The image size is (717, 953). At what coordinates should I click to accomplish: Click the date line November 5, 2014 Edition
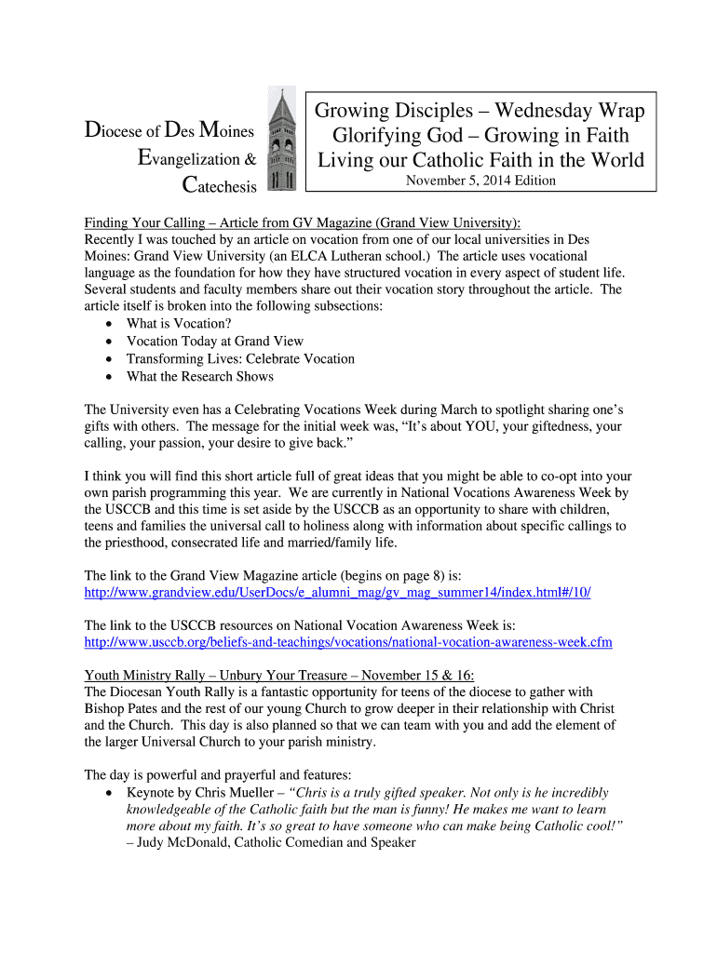coord(480,181)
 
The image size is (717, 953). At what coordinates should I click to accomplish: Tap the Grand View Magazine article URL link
coord(337,593)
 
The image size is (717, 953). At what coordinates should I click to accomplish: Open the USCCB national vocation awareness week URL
coord(348,642)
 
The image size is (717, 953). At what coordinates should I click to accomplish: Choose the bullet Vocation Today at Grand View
coord(215,341)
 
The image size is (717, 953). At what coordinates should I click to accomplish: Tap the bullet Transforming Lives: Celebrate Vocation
coord(240,358)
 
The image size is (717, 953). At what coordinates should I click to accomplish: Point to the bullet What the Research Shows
coord(200,376)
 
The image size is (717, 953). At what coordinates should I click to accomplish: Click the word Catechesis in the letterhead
coord(219,186)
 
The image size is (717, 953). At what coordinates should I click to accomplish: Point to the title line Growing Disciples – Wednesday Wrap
coord(480,111)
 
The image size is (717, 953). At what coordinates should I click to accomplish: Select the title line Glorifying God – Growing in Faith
coord(480,136)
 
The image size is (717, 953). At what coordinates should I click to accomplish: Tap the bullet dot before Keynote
coord(111,793)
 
